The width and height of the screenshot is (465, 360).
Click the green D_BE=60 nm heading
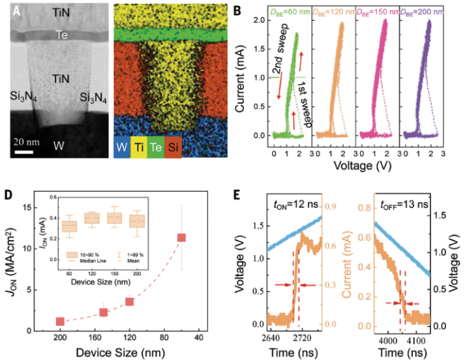click(289, 8)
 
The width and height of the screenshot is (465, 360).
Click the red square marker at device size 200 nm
click(60, 322)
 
